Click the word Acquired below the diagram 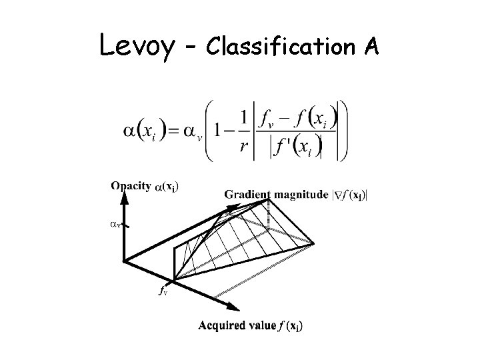[223, 325]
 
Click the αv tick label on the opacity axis [114, 225]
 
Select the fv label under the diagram [162, 290]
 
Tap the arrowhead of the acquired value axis [234, 309]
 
